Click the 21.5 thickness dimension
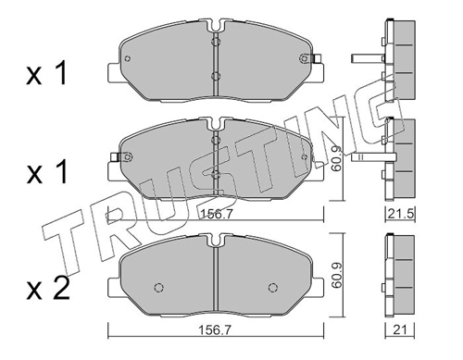(400, 214)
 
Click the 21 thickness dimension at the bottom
(400, 330)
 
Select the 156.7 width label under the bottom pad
(216, 330)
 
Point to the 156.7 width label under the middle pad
(216, 214)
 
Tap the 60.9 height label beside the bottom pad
(336, 275)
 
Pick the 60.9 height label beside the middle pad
(336, 158)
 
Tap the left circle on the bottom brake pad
(158, 288)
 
